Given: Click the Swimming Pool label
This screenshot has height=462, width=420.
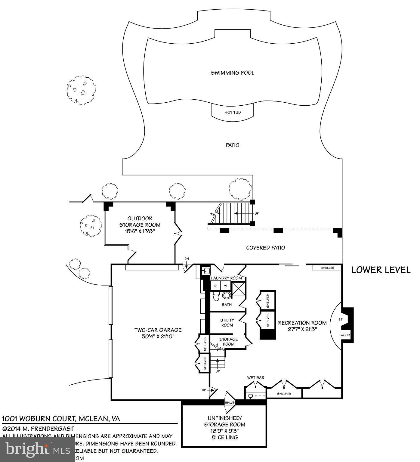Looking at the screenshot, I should point(232,73).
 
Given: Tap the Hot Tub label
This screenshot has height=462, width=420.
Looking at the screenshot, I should point(233,113).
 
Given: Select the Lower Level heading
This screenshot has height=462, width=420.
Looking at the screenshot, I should point(381,270).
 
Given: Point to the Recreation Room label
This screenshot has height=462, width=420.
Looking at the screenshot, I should point(302,323).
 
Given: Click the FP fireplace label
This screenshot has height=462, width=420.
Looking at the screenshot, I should point(341,319).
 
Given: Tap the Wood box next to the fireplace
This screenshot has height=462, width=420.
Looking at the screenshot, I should point(345,335).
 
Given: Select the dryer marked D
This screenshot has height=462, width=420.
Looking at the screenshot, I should point(215,286).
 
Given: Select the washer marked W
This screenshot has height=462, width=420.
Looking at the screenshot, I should point(225,286).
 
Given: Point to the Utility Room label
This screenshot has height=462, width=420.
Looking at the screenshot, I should point(227,323).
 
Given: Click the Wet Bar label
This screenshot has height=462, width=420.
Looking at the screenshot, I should point(255,378).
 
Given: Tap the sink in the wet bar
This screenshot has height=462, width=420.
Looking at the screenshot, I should point(250,396).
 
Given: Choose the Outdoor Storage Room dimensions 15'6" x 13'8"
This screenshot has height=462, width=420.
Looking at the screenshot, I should point(140,231).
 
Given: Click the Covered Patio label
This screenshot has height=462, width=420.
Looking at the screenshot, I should point(265,248).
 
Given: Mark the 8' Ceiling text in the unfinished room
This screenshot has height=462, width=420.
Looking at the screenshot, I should point(224,437).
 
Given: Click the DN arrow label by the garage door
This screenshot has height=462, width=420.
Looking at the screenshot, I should point(187,259).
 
